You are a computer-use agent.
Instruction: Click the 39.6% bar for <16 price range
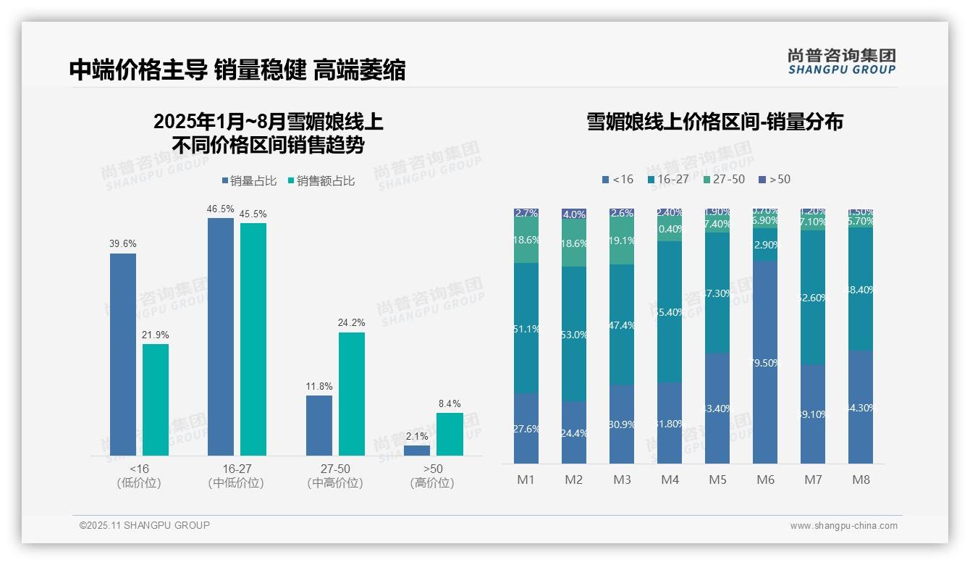(x=123, y=354)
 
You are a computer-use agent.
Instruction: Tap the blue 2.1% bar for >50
(x=417, y=451)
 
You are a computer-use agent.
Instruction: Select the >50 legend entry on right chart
(x=775, y=179)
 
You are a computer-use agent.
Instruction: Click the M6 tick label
(x=765, y=480)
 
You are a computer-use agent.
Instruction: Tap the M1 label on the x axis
(x=526, y=480)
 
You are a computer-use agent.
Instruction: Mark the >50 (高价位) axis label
(x=432, y=476)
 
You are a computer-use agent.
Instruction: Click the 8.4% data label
(x=450, y=403)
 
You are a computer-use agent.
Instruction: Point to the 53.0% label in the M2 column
(x=574, y=335)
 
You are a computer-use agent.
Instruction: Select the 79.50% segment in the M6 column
(x=765, y=362)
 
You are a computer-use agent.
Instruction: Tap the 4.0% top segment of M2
(x=574, y=214)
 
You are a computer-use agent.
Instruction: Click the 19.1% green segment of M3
(x=622, y=241)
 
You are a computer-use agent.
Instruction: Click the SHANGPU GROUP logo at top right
(x=841, y=62)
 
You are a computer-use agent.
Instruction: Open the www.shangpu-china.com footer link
(x=843, y=526)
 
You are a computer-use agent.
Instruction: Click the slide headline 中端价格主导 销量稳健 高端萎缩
(x=237, y=70)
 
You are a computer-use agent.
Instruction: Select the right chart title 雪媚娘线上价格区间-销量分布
(x=714, y=122)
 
